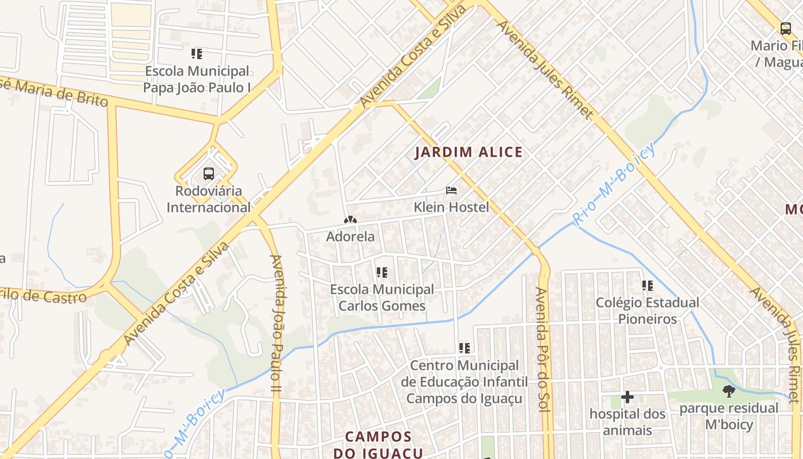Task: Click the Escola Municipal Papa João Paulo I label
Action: point(197,79)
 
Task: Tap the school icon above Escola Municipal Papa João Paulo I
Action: point(197,54)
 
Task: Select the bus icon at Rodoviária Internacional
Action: point(209,173)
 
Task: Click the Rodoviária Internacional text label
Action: point(209,199)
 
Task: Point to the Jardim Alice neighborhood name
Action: point(469,152)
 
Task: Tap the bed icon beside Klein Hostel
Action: point(451,190)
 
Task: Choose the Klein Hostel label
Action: point(451,207)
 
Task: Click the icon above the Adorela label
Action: point(350,220)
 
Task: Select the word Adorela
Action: point(350,236)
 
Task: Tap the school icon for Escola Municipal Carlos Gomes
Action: point(382,273)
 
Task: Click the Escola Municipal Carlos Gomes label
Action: point(382,297)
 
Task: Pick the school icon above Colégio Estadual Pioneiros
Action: point(648,285)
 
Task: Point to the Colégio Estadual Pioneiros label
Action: point(648,310)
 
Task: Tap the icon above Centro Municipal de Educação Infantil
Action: point(465,348)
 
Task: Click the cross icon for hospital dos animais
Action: point(627,396)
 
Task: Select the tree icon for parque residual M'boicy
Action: point(729,391)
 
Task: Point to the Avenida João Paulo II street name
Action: point(276,324)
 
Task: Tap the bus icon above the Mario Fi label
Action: point(786,28)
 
